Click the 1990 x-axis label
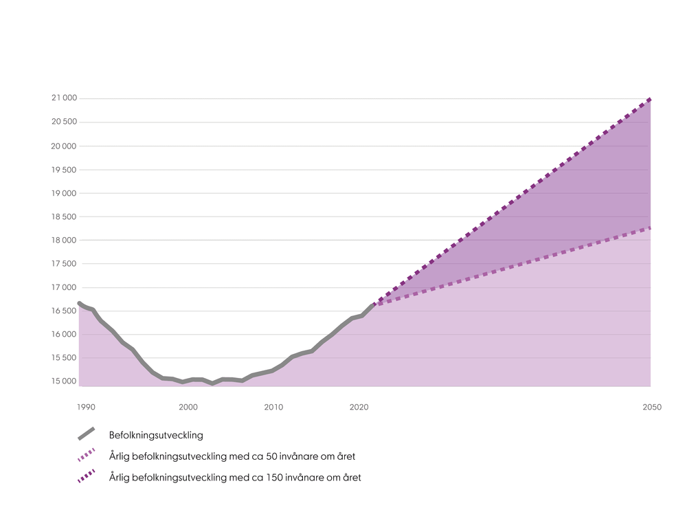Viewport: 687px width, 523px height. click(x=86, y=407)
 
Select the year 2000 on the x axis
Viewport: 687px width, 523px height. click(x=188, y=407)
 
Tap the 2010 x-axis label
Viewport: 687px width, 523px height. click(x=273, y=407)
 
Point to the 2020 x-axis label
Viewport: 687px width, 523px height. click(x=359, y=407)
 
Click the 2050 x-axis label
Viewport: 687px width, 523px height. click(x=652, y=407)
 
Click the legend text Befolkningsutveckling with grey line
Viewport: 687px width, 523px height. click(x=156, y=435)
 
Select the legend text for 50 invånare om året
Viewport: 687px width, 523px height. click(x=232, y=456)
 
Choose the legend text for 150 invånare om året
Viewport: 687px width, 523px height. click(x=234, y=477)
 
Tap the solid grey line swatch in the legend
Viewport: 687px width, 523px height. click(x=86, y=434)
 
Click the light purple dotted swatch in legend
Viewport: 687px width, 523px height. click(x=86, y=455)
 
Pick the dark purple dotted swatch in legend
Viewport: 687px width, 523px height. click(x=86, y=476)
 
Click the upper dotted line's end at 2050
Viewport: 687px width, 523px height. click(x=650, y=99)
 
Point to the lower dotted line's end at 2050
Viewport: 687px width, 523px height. click(x=650, y=227)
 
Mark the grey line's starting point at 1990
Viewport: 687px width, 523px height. click(x=80, y=303)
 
